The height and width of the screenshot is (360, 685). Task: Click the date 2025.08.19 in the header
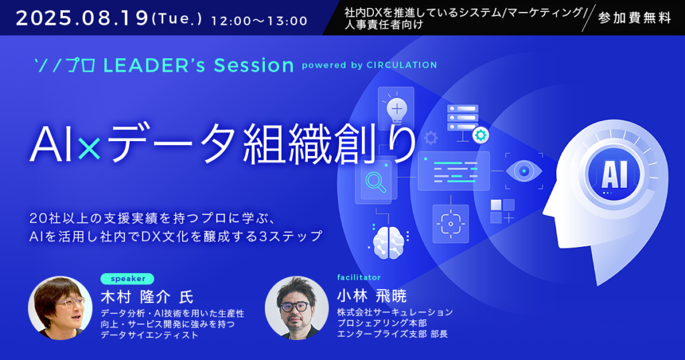coord(82,19)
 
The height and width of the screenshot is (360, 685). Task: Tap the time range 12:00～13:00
coord(260,21)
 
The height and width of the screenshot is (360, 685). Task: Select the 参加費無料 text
coord(635,18)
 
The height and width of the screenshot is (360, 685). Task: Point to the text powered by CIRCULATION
coord(369,65)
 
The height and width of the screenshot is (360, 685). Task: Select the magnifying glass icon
coord(376,181)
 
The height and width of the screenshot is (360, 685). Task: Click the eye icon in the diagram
coord(524,171)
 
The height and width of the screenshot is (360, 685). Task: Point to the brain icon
coord(389,242)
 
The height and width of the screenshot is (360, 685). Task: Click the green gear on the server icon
coord(480,135)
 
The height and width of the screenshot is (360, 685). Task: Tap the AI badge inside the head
coord(615,174)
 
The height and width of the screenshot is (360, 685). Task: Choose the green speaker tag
coord(127,278)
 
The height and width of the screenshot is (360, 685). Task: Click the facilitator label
coord(359,278)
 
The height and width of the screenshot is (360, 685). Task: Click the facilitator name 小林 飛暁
coord(372,296)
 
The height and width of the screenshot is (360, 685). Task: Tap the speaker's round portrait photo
coord(60,308)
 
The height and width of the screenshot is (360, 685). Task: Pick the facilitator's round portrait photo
coord(296,308)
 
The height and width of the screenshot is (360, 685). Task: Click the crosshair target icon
coord(450,223)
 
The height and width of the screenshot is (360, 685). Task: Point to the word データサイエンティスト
coord(149,335)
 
